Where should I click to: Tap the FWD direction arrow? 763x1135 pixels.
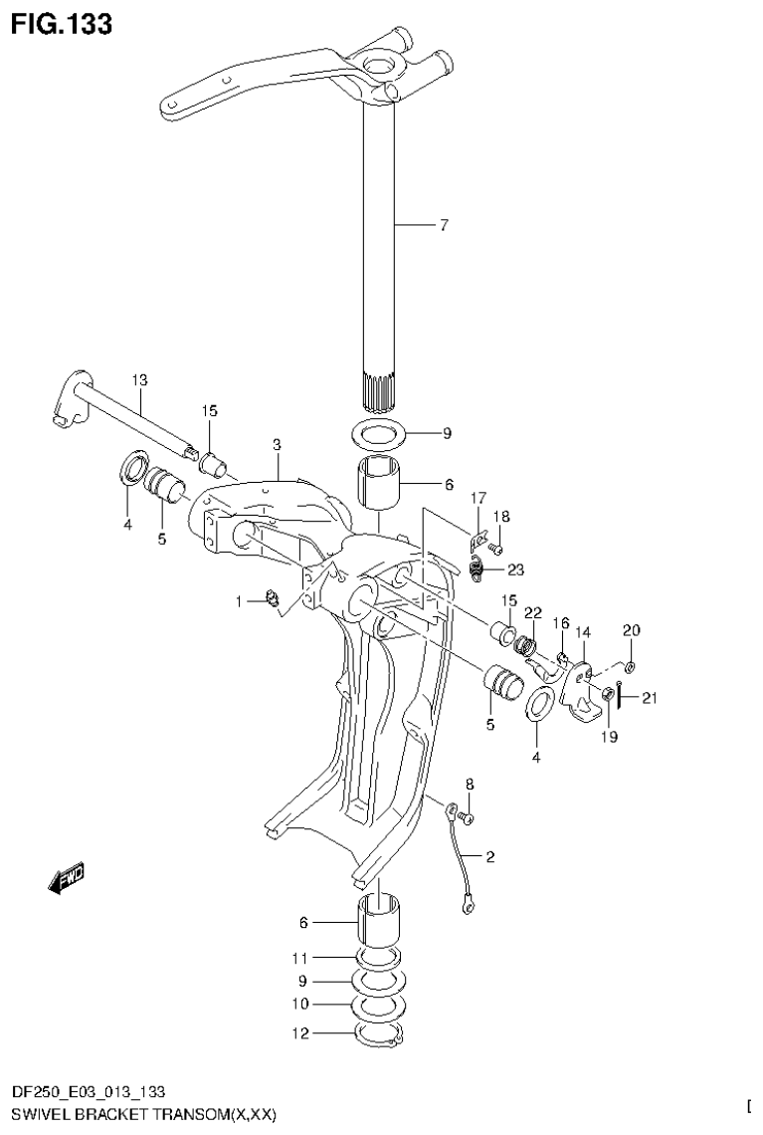pos(67,876)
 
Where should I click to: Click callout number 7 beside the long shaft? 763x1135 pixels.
pos(444,225)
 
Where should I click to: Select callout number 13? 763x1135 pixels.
pos(138,379)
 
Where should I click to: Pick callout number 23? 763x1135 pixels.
pos(514,570)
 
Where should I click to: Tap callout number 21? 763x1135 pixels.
pos(650,698)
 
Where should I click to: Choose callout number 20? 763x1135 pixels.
pos(632,629)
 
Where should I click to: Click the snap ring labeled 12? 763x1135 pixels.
pos(379,1036)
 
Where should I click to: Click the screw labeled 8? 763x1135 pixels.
pos(471,817)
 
